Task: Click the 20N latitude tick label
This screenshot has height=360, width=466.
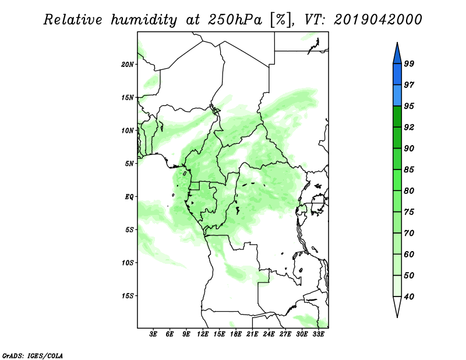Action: [x=128, y=64]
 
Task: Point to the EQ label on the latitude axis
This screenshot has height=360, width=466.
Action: [x=129, y=197]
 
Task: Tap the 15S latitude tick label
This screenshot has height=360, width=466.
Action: [x=128, y=296]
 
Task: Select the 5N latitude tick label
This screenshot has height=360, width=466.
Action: [x=129, y=164]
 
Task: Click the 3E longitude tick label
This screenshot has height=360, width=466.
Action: [x=153, y=334]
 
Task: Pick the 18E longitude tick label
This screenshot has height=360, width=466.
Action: [x=236, y=334]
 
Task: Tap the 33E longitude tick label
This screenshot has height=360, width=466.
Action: [x=318, y=334]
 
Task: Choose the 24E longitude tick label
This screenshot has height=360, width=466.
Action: [x=269, y=334]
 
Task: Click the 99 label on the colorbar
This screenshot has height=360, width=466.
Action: [x=409, y=63]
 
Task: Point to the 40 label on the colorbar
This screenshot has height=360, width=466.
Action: [x=409, y=297]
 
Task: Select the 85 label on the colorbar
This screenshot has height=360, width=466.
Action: [x=409, y=170]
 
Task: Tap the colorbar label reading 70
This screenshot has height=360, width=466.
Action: [x=409, y=233]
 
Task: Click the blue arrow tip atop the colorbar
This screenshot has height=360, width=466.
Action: [x=397, y=43]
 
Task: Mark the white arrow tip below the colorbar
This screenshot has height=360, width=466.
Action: [x=397, y=317]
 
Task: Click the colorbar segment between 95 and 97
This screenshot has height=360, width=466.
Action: [x=397, y=96]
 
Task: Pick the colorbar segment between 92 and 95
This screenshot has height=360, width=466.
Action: [x=397, y=117]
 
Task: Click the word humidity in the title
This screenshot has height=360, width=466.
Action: [x=144, y=20]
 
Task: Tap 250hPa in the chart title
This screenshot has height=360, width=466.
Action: [x=235, y=20]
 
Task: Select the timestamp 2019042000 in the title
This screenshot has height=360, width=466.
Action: [x=377, y=20]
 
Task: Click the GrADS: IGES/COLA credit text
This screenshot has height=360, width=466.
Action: [x=33, y=355]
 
